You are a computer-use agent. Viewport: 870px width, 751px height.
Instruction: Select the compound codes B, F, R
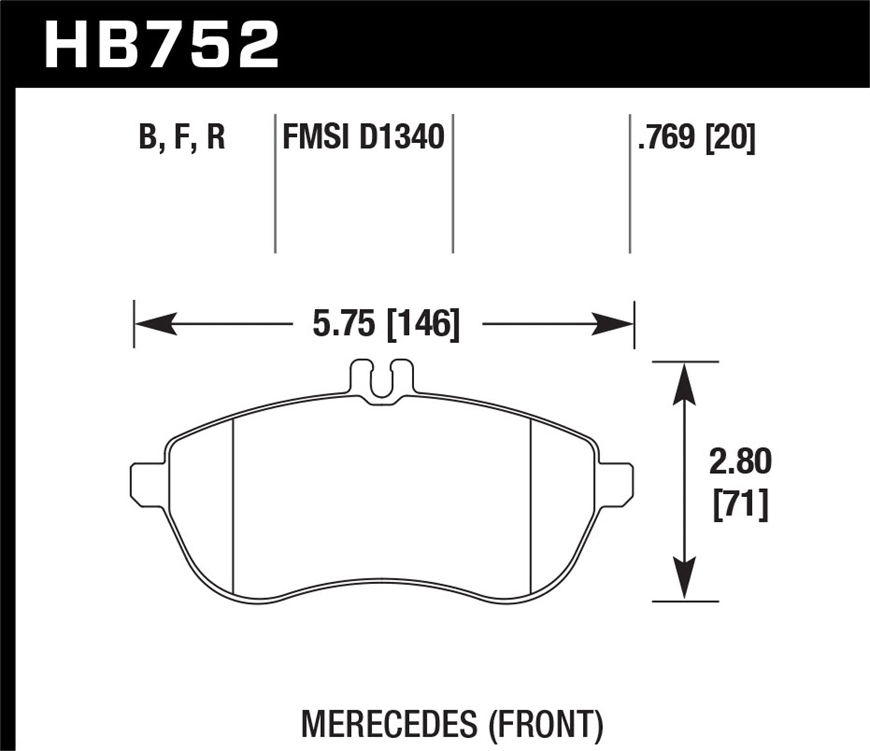tap(182, 138)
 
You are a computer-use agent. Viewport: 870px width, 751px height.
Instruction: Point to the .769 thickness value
tap(666, 138)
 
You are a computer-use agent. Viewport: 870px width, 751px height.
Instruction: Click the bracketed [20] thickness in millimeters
tap(730, 138)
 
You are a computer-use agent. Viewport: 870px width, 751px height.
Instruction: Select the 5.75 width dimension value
tap(343, 323)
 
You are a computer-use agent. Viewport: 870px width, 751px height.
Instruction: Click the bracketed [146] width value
tap(422, 323)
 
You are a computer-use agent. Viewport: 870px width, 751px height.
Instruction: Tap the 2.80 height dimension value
tap(740, 462)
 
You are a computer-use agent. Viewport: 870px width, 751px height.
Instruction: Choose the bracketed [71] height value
tap(740, 504)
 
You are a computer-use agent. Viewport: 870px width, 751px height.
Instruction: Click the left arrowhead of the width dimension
tap(155, 323)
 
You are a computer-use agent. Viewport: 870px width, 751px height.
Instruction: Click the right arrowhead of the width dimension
tap(613, 323)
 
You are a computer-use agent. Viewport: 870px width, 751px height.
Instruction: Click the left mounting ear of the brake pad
tap(148, 480)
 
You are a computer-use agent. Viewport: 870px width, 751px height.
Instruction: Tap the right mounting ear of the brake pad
tap(617, 480)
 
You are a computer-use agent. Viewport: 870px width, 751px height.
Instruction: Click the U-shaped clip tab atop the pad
tap(383, 380)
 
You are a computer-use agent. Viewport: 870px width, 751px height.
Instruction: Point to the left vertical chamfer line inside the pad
tap(233, 504)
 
